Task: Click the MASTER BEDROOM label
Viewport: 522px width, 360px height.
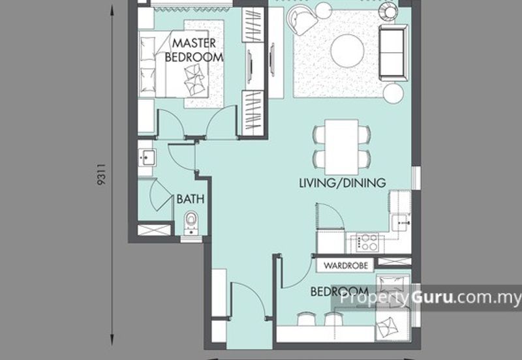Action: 194,50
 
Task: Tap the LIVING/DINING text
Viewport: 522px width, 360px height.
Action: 343,183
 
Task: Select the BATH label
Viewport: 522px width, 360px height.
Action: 190,199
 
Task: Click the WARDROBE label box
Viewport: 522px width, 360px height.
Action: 346,265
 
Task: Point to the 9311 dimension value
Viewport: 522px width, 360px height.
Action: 101,174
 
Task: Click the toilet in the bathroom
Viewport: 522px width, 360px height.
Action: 191,223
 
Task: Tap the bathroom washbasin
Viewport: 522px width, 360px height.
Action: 147,157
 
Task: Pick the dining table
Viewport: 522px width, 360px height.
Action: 341,147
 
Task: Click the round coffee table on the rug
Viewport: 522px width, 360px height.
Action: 347,52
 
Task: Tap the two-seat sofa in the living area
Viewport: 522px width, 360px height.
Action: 393,52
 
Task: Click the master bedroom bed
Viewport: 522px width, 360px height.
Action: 174,64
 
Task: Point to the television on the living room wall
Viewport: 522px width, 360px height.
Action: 272,60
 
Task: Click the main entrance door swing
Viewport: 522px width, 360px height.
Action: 248,299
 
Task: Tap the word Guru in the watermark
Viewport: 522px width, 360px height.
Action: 432,297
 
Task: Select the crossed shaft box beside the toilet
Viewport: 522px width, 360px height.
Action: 154,230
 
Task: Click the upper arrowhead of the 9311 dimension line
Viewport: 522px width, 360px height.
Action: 112,12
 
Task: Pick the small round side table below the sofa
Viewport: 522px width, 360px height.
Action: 393,93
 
